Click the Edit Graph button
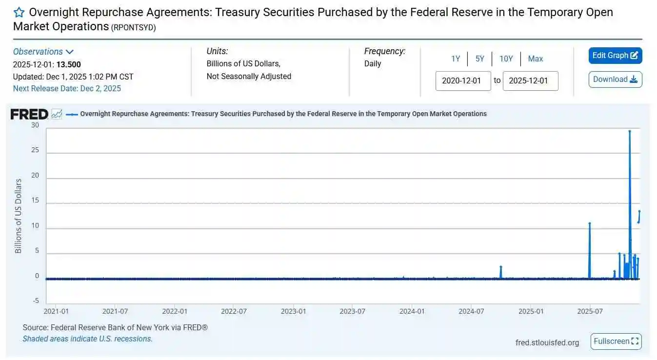pyautogui.click(x=615, y=56)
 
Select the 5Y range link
pyautogui.click(x=480, y=59)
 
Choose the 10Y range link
pyautogui.click(x=506, y=59)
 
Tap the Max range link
pyautogui.click(x=535, y=59)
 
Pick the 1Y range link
pyautogui.click(x=455, y=59)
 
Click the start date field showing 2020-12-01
pyautogui.click(x=463, y=81)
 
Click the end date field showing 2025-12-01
pyautogui.click(x=530, y=81)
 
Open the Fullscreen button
pyautogui.click(x=616, y=341)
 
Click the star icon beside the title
pyautogui.click(x=19, y=12)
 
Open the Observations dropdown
pyautogui.click(x=43, y=52)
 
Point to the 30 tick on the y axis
pyautogui.click(x=35, y=125)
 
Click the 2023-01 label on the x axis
pyautogui.click(x=294, y=311)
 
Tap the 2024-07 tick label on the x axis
pyautogui.click(x=472, y=311)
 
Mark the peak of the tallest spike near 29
pyautogui.click(x=630, y=131)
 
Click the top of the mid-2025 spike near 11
pyautogui.click(x=590, y=223)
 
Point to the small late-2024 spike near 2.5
pyautogui.click(x=500, y=267)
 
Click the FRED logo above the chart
pyautogui.click(x=29, y=114)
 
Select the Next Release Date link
pyautogui.click(x=67, y=88)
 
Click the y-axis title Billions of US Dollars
pyautogui.click(x=19, y=216)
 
